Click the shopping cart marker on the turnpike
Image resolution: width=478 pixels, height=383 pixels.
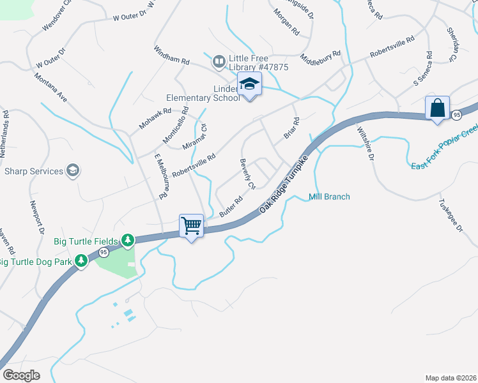tap(191, 225)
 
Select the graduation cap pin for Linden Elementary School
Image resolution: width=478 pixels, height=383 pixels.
tap(249, 84)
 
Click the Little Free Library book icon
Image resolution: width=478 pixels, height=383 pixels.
tap(219, 61)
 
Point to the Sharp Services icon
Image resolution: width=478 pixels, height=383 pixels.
tap(73, 170)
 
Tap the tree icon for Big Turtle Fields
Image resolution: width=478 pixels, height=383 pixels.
tap(128, 240)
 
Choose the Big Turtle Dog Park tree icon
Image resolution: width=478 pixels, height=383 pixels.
tap(81, 260)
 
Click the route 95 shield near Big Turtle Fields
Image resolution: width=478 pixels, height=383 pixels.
tap(103, 252)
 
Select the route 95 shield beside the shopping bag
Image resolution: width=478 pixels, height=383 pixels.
tap(456, 114)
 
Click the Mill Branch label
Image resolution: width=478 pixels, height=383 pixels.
tap(329, 197)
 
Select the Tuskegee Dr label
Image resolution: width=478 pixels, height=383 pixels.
tap(450, 217)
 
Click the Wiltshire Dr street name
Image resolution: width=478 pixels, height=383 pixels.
tap(365, 144)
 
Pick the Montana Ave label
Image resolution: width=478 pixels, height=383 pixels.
tap(51, 86)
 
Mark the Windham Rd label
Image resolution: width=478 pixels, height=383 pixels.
tap(172, 54)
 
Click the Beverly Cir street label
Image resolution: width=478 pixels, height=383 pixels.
tap(247, 174)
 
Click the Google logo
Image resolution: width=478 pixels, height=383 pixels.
tap(21, 375)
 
